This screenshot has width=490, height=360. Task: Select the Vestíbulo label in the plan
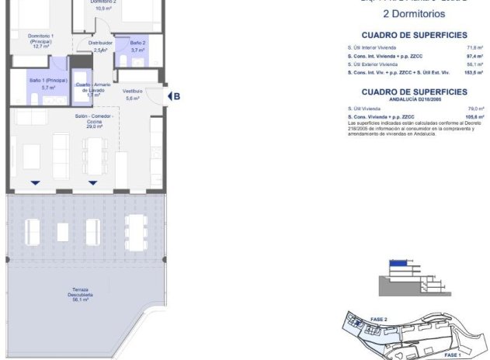[x=133, y=94]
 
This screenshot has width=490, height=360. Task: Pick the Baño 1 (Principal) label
[x=48, y=83]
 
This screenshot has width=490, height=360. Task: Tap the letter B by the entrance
[x=177, y=96]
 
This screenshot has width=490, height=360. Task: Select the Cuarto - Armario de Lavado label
[x=94, y=89]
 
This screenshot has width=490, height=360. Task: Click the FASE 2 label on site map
[x=379, y=319]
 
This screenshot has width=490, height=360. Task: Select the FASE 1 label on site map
[x=454, y=355]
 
